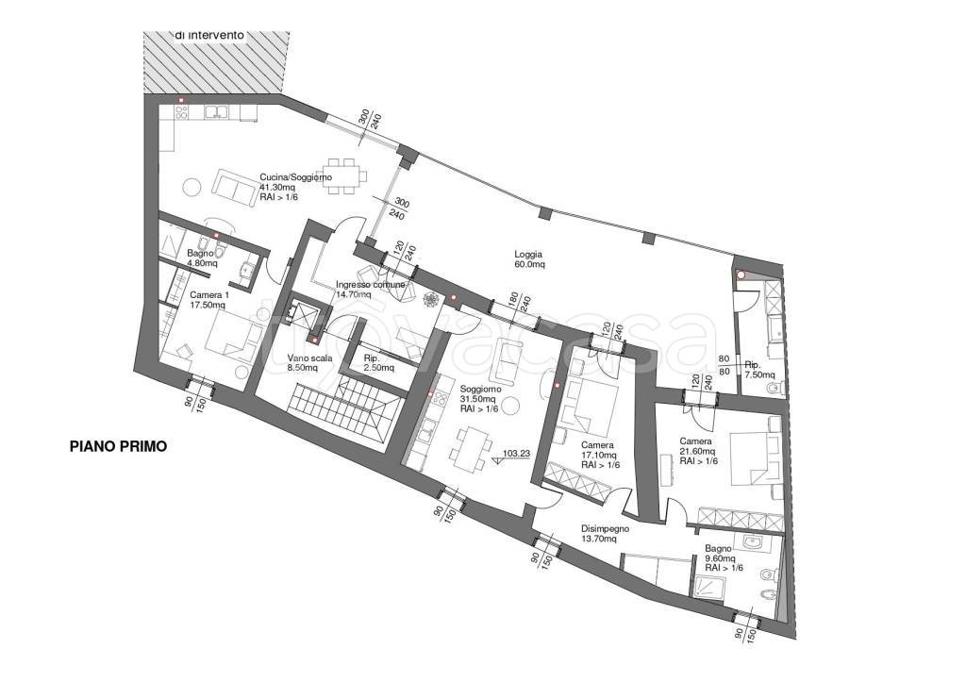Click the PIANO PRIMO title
118,446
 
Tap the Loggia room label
530,258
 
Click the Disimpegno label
606,534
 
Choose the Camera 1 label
208,299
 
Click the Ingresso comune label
370,289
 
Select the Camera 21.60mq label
699,451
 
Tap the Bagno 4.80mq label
202,258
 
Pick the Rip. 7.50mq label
759,369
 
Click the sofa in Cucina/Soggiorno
235,188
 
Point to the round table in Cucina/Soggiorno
192,187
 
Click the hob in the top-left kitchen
182,112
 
